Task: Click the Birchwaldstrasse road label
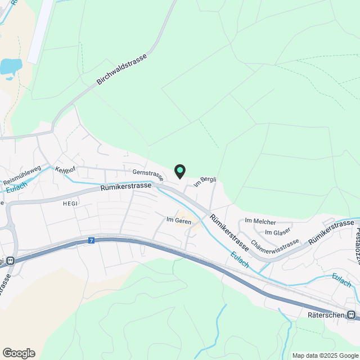coord(122,70)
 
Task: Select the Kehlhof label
coord(66,169)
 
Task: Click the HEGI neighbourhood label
coord(70,204)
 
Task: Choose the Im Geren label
coord(179,220)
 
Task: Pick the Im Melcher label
coord(261,222)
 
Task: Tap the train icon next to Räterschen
coord(352,315)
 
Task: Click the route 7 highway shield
coord(91,241)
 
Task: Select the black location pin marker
coord(180,170)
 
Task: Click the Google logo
coord(19,353)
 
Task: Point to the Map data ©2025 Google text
coord(325,355)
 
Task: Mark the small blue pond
coord(11,66)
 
